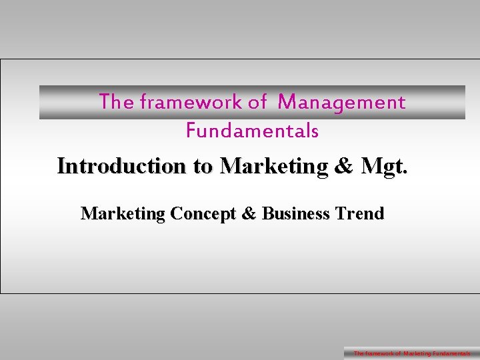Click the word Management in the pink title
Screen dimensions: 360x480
tap(342, 102)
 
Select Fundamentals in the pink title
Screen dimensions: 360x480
tap(252, 131)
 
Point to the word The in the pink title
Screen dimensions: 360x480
tap(116, 102)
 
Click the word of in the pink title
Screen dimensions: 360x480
tap(257, 102)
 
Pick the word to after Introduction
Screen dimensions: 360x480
tap(203, 165)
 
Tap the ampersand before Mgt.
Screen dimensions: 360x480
tap(344, 165)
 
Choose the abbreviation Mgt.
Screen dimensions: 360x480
tap(383, 165)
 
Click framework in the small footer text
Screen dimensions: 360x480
tap(379, 353)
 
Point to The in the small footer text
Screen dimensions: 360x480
tap(359, 353)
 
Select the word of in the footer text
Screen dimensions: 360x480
tap(398, 353)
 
